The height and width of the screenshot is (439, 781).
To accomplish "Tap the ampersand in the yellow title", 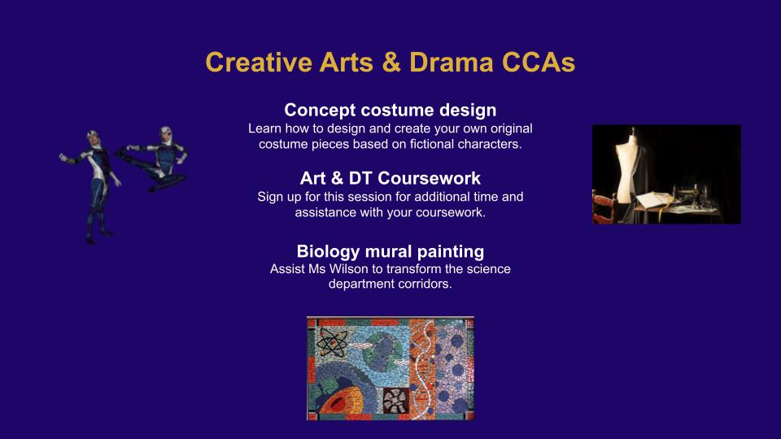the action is click(391, 63).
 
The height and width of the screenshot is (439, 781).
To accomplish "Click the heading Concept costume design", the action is click(390, 110).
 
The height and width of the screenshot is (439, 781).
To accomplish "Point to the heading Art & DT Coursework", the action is click(390, 178).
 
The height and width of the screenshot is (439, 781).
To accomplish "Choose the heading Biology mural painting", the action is click(390, 251).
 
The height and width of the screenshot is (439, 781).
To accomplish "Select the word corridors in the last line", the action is click(427, 284).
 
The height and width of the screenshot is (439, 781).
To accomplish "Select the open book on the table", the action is click(653, 200).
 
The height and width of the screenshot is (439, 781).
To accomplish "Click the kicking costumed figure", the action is click(155, 159).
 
